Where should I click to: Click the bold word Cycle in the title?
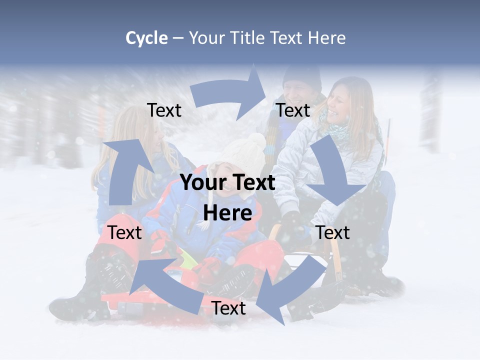tap(146, 38)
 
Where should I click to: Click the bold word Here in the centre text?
tap(227, 213)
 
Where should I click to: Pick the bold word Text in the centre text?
tap(251, 182)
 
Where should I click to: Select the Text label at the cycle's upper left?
tap(164, 110)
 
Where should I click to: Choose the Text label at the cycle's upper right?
tap(293, 110)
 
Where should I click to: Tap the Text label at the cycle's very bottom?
tap(228, 308)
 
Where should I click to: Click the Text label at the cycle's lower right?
tap(333, 232)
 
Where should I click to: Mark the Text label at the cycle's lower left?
tap(124, 232)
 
